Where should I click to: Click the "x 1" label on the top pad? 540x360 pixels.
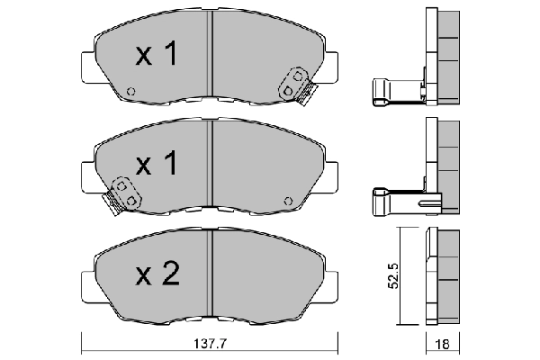tap(156, 56)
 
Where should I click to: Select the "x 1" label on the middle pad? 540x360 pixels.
tap(156, 165)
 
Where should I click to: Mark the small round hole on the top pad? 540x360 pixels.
tap(131, 91)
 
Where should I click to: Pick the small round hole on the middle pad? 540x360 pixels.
tap(287, 200)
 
